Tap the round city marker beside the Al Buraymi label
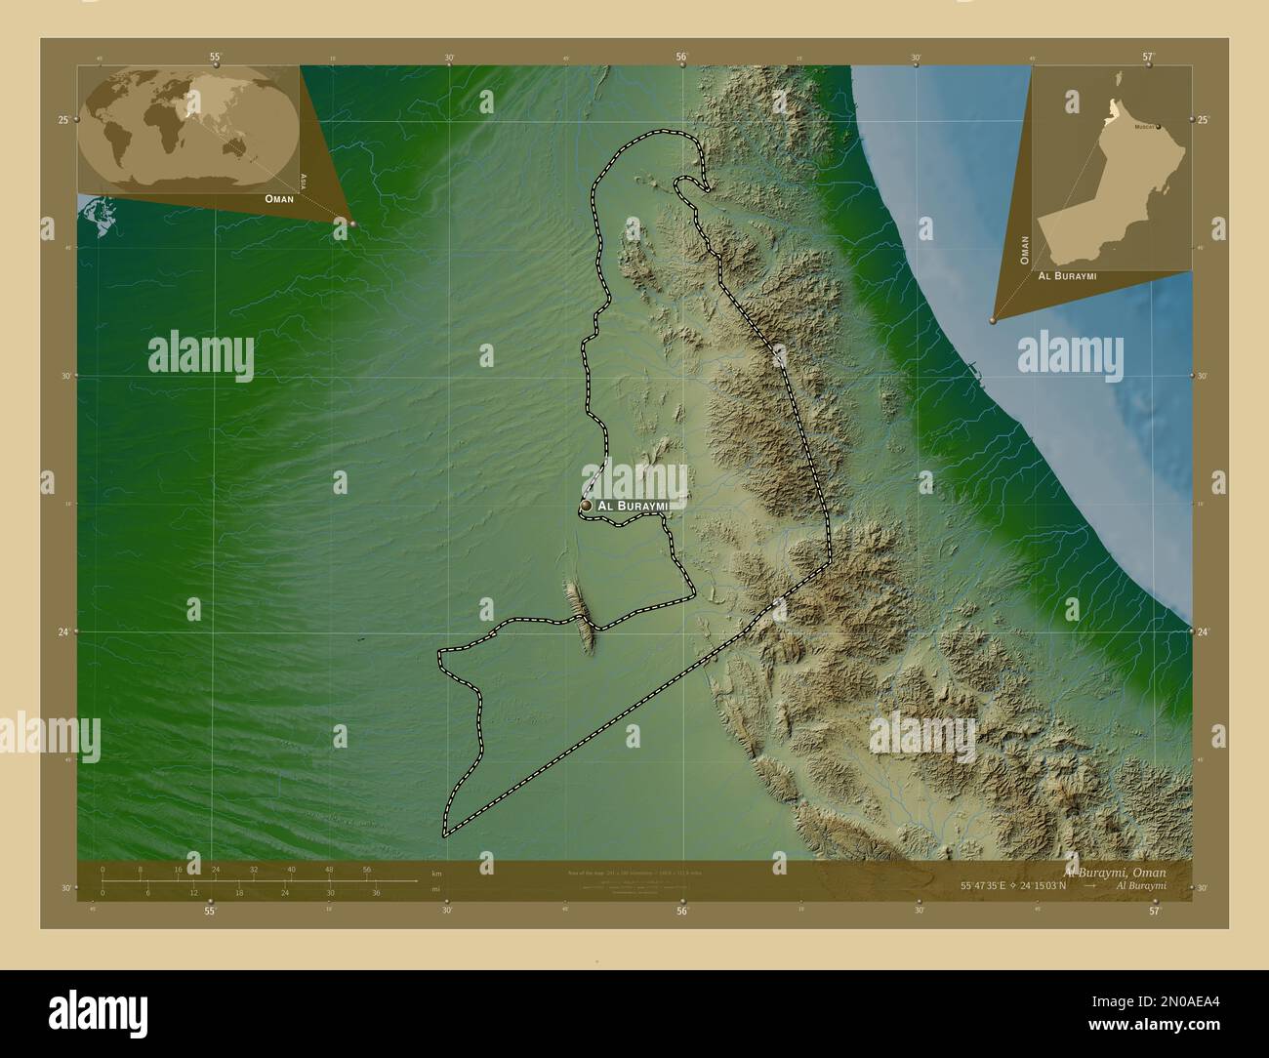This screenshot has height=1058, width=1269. point(586,506)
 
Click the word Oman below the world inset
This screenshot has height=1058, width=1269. point(278,198)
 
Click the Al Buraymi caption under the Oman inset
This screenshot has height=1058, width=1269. point(1067,276)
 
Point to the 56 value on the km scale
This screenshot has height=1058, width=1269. point(367,869)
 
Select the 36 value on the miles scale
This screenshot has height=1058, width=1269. point(375,892)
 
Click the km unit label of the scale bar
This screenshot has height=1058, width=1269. point(436,872)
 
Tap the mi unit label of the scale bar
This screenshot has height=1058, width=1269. point(434,888)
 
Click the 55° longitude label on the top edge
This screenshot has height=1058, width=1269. point(215,58)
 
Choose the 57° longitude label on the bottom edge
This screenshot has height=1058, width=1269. point(1154,911)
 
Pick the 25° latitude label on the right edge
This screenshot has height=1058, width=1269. point(1204,120)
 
